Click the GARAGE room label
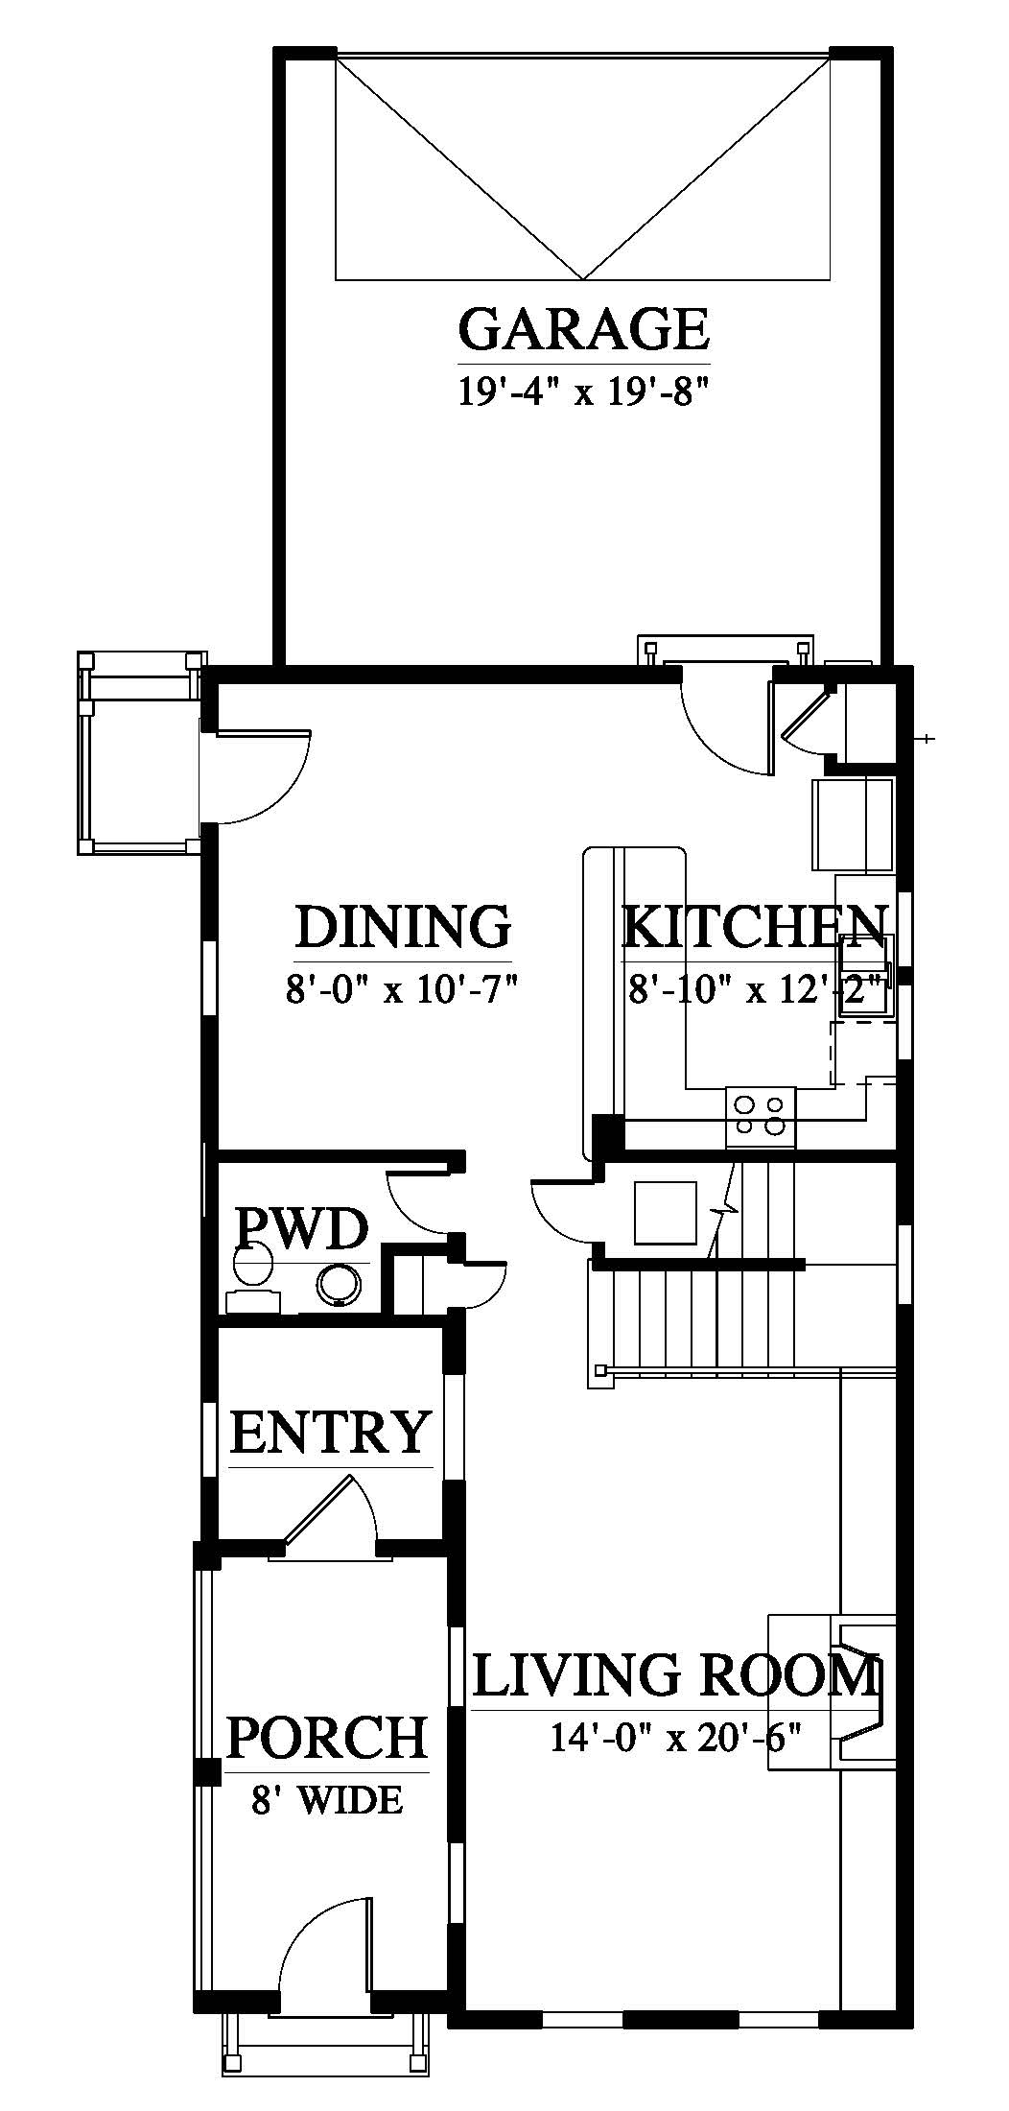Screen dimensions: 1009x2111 coord(584,329)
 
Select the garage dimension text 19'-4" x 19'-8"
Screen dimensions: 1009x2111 coord(584,392)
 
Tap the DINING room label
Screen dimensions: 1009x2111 coord(403,927)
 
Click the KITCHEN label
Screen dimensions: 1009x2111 coord(754,927)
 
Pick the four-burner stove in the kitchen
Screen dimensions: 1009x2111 coord(762,1117)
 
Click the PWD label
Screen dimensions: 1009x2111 coord(302,1228)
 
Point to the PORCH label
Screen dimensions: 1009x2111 coord(326,1736)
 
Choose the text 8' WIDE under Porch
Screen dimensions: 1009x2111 coord(327,1800)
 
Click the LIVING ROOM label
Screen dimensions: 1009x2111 coord(676,1675)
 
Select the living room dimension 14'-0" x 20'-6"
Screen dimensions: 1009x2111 coord(676,1737)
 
